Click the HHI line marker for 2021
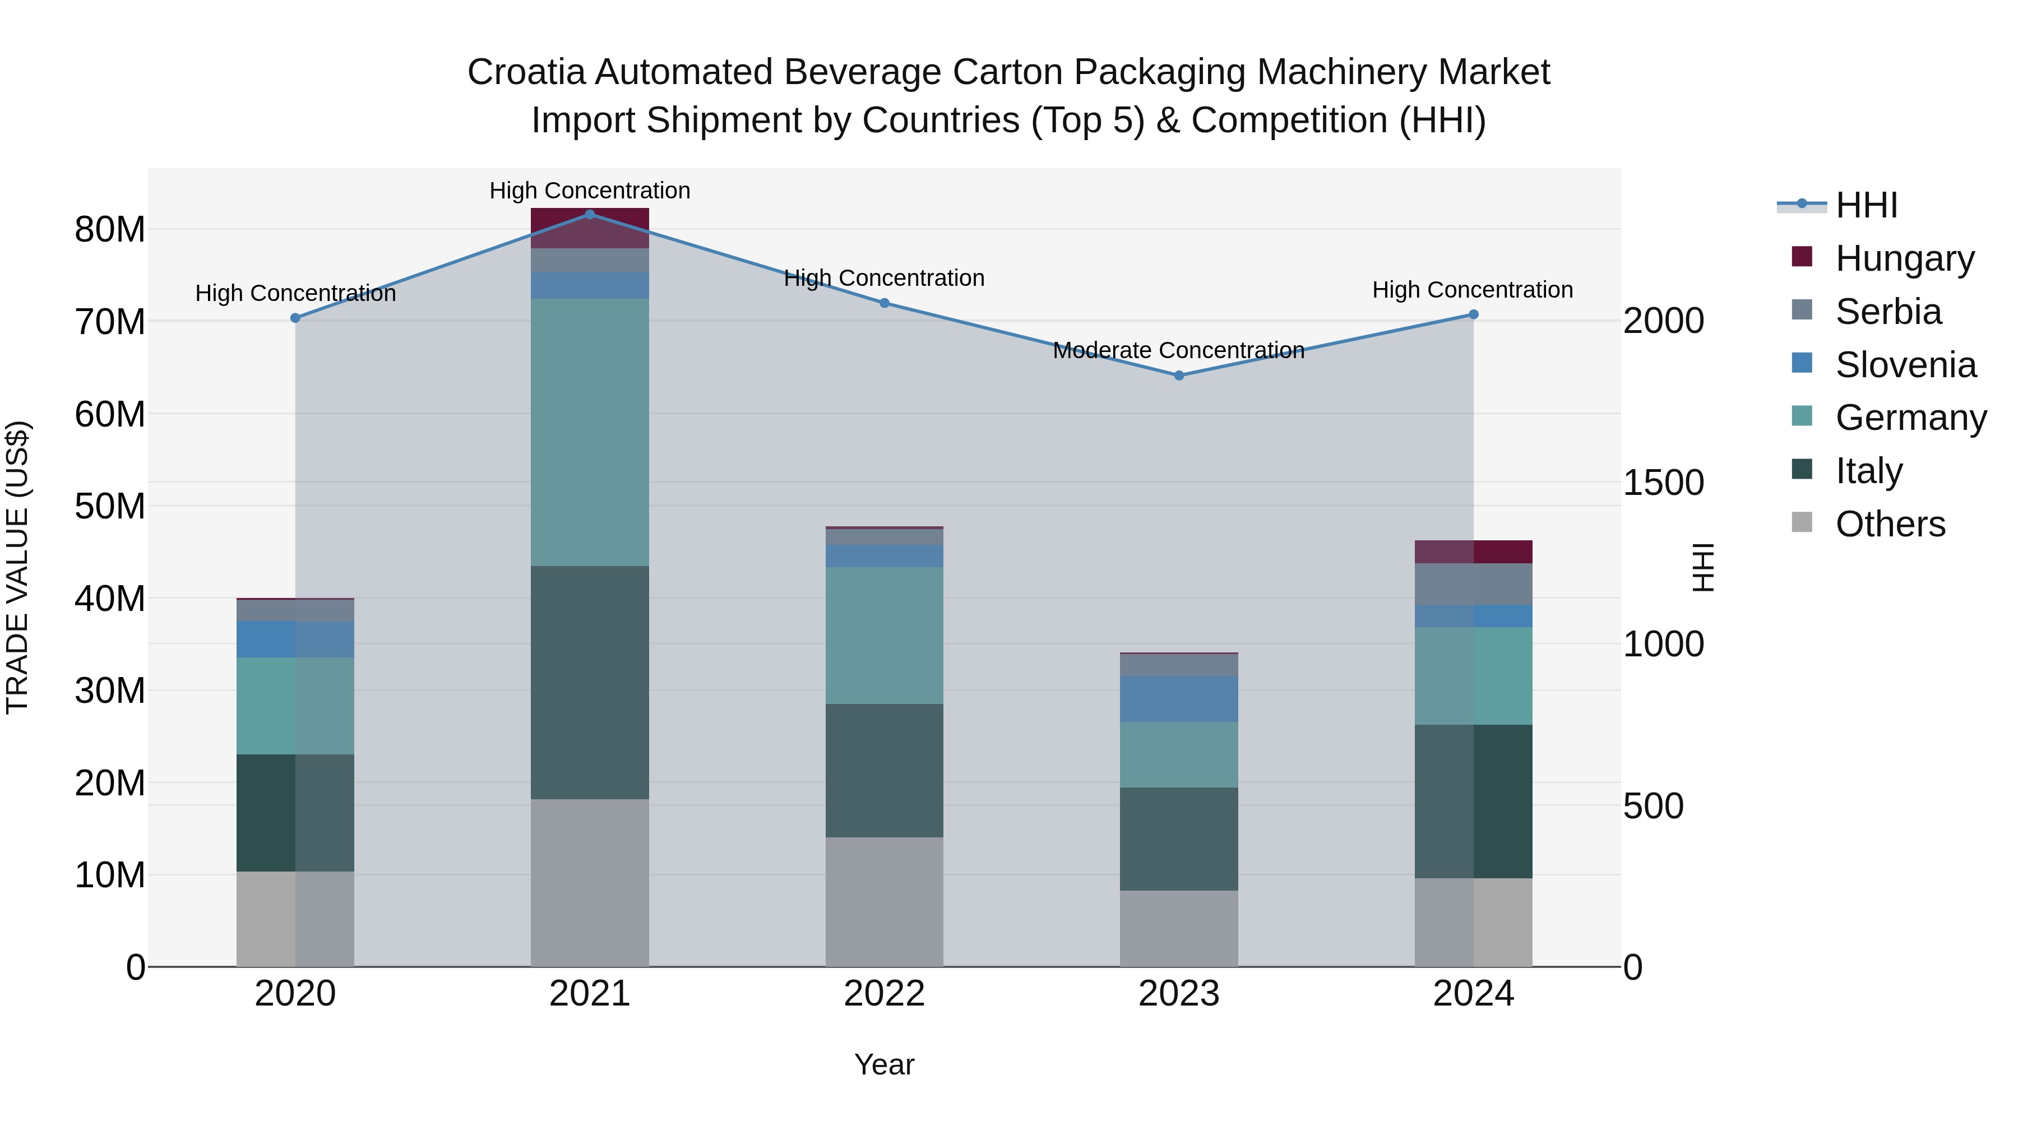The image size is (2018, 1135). pos(590,215)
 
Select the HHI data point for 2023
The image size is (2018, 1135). pos(1179,375)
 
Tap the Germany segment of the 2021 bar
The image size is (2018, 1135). pos(590,432)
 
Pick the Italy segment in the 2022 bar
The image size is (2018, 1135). pos(885,770)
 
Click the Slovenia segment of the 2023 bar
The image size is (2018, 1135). pos(1179,699)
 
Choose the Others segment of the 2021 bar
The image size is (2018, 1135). pos(590,882)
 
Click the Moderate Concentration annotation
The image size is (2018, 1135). pos(1178,350)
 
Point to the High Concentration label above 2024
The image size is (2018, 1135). pos(1472,290)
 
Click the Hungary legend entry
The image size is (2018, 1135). pos(1904,258)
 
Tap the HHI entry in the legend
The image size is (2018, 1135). pos(1866,205)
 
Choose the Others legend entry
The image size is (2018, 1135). pos(1890,524)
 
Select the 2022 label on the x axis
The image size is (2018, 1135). pos(885,994)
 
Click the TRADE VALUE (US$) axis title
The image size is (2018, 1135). pos(17,567)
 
